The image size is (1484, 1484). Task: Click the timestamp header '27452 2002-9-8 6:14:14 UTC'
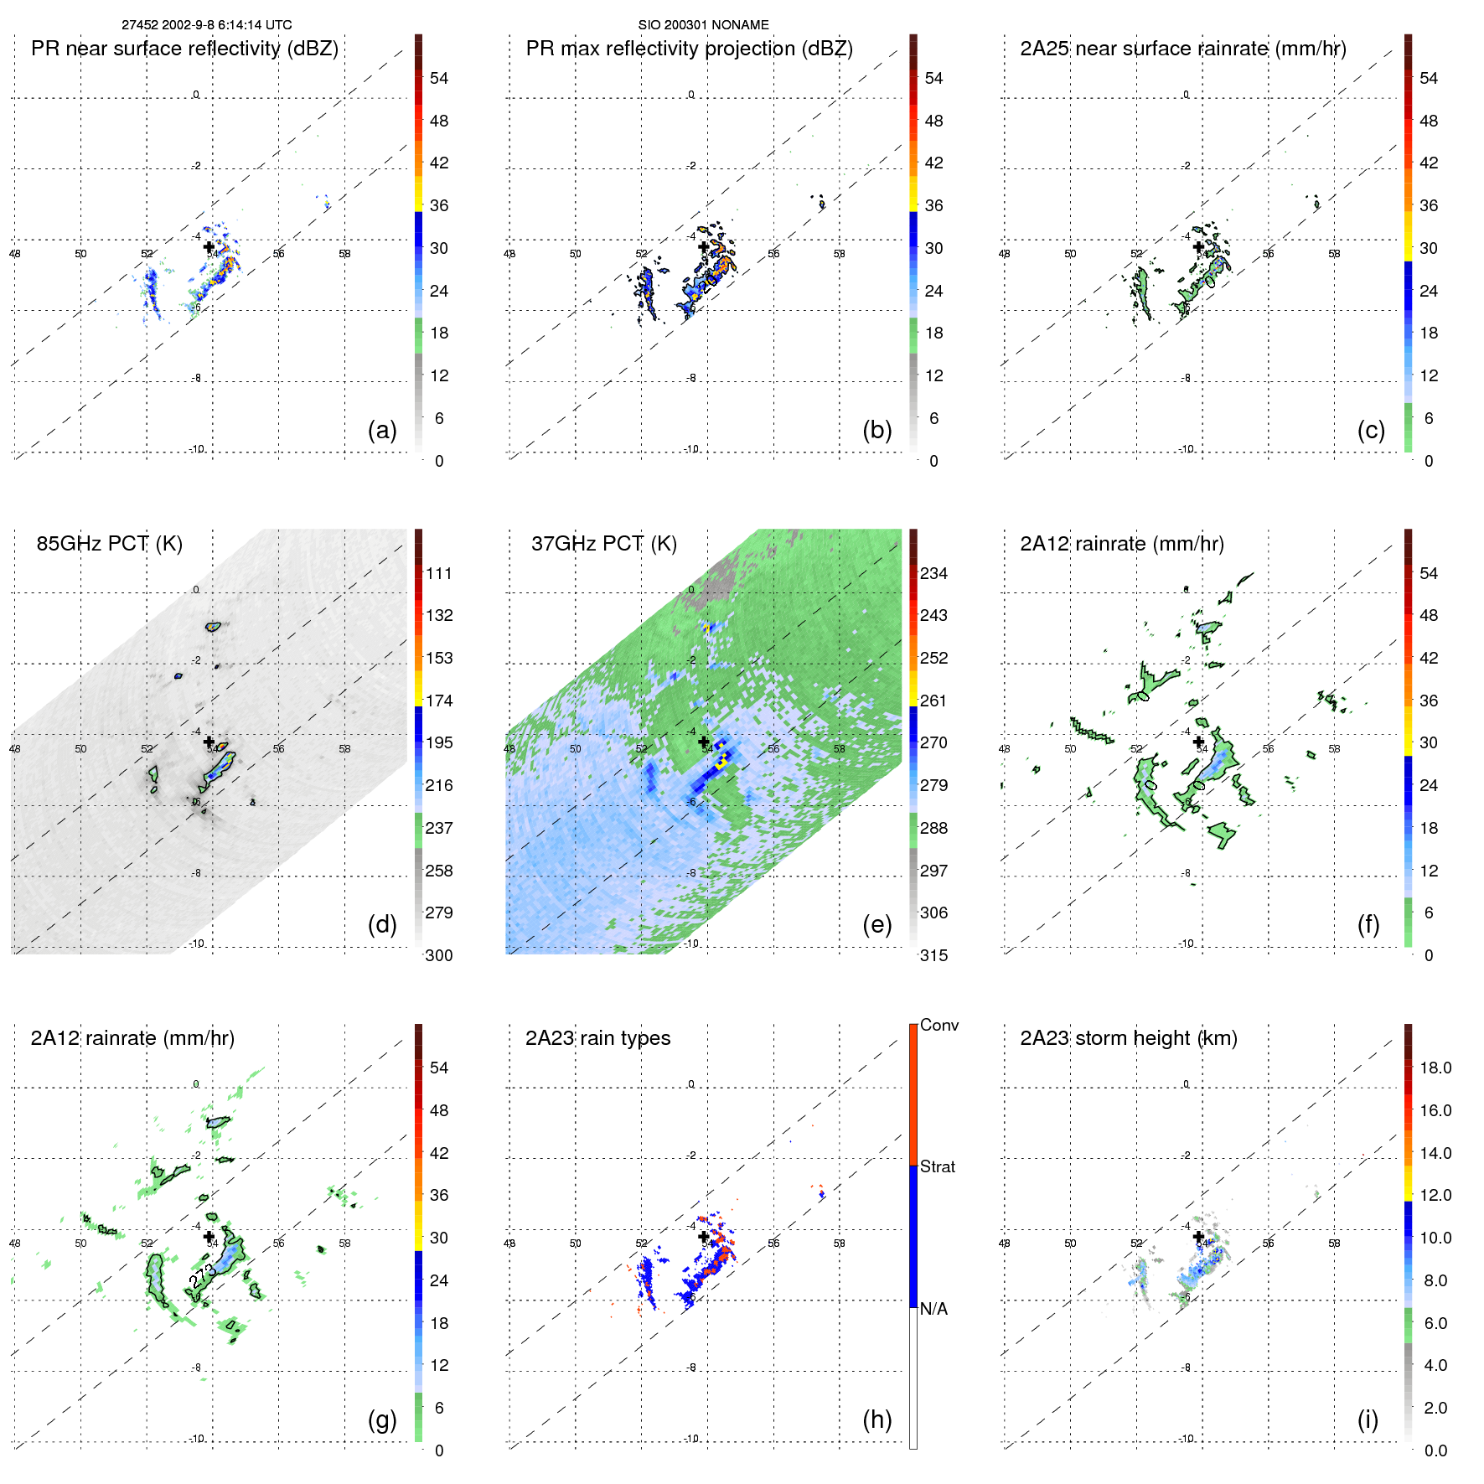click(206, 25)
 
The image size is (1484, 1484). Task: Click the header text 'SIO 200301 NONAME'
click(703, 25)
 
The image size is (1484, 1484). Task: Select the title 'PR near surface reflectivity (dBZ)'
click(184, 49)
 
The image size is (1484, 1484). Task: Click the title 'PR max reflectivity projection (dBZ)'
click(689, 49)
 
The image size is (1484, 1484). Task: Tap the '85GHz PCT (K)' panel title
click(109, 544)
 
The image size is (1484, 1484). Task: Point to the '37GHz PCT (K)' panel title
click(603, 544)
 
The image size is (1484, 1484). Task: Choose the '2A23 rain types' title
click(597, 1038)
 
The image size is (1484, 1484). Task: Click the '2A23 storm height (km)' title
click(1128, 1038)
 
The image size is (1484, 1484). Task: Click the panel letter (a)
click(382, 430)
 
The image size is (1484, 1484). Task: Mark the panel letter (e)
click(876, 924)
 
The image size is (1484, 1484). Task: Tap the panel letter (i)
click(1368, 1419)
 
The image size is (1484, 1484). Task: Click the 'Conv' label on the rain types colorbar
click(938, 1025)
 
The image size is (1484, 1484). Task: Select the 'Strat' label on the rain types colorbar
click(937, 1166)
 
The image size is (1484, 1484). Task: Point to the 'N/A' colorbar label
click(933, 1309)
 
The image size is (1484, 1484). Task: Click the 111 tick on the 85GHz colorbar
click(439, 573)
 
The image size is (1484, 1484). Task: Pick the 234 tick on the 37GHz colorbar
click(933, 573)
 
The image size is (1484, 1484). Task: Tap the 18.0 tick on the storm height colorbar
click(1435, 1068)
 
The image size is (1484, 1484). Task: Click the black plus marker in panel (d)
click(209, 742)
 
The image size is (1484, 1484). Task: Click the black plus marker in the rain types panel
click(704, 1236)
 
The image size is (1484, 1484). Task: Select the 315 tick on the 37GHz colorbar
click(933, 955)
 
